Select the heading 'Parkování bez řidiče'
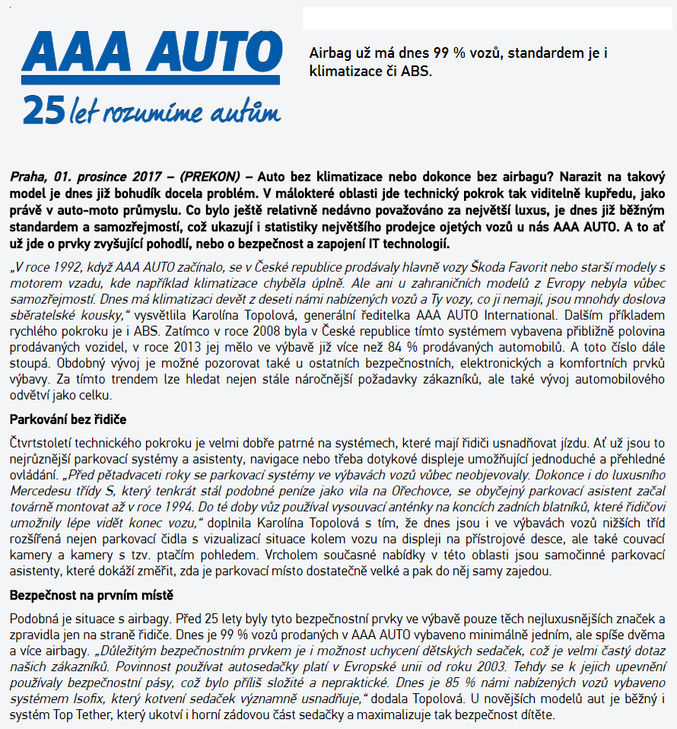68,419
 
